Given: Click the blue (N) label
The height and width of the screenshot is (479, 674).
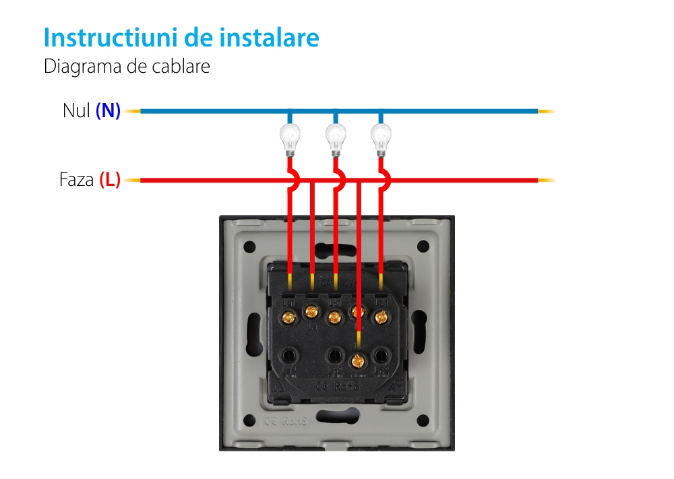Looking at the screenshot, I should (108, 111).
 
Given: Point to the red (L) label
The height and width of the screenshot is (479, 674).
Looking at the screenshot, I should (110, 181).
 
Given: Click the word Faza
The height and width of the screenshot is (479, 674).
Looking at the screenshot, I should (76, 181).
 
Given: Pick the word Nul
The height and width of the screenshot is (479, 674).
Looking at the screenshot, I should (76, 111).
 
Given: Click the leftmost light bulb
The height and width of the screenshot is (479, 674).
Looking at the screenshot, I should (290, 138).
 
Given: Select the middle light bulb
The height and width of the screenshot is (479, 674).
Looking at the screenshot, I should (336, 138).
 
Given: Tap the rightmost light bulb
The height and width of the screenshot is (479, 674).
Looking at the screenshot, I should (381, 138).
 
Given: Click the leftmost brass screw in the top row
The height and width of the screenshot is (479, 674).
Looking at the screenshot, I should (290, 315).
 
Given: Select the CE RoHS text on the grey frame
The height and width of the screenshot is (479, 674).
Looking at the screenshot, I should (285, 422).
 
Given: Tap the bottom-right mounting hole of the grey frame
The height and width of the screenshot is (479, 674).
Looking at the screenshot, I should (423, 421).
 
